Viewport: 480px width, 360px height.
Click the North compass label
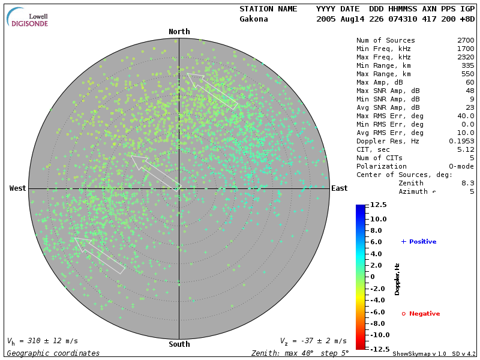(x=179, y=32)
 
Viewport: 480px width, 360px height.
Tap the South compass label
(x=179, y=344)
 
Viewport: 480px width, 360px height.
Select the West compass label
(x=18, y=188)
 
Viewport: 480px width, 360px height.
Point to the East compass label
(x=339, y=188)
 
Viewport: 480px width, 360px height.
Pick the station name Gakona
(x=254, y=19)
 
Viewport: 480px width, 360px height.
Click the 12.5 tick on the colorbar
(x=378, y=205)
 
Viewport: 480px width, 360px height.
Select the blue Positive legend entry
(x=419, y=241)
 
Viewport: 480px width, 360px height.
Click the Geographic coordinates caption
(x=53, y=353)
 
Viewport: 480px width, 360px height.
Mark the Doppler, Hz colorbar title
(x=397, y=278)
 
